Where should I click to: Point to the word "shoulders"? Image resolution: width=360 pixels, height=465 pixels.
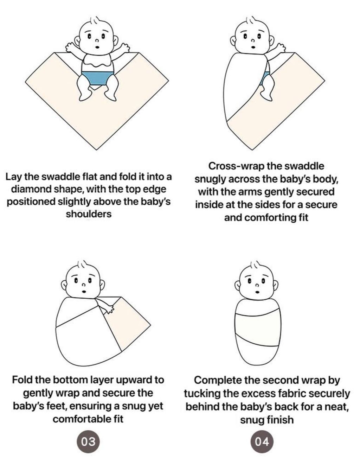click(x=89, y=214)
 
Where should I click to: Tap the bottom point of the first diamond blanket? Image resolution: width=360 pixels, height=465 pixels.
click(x=97, y=150)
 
